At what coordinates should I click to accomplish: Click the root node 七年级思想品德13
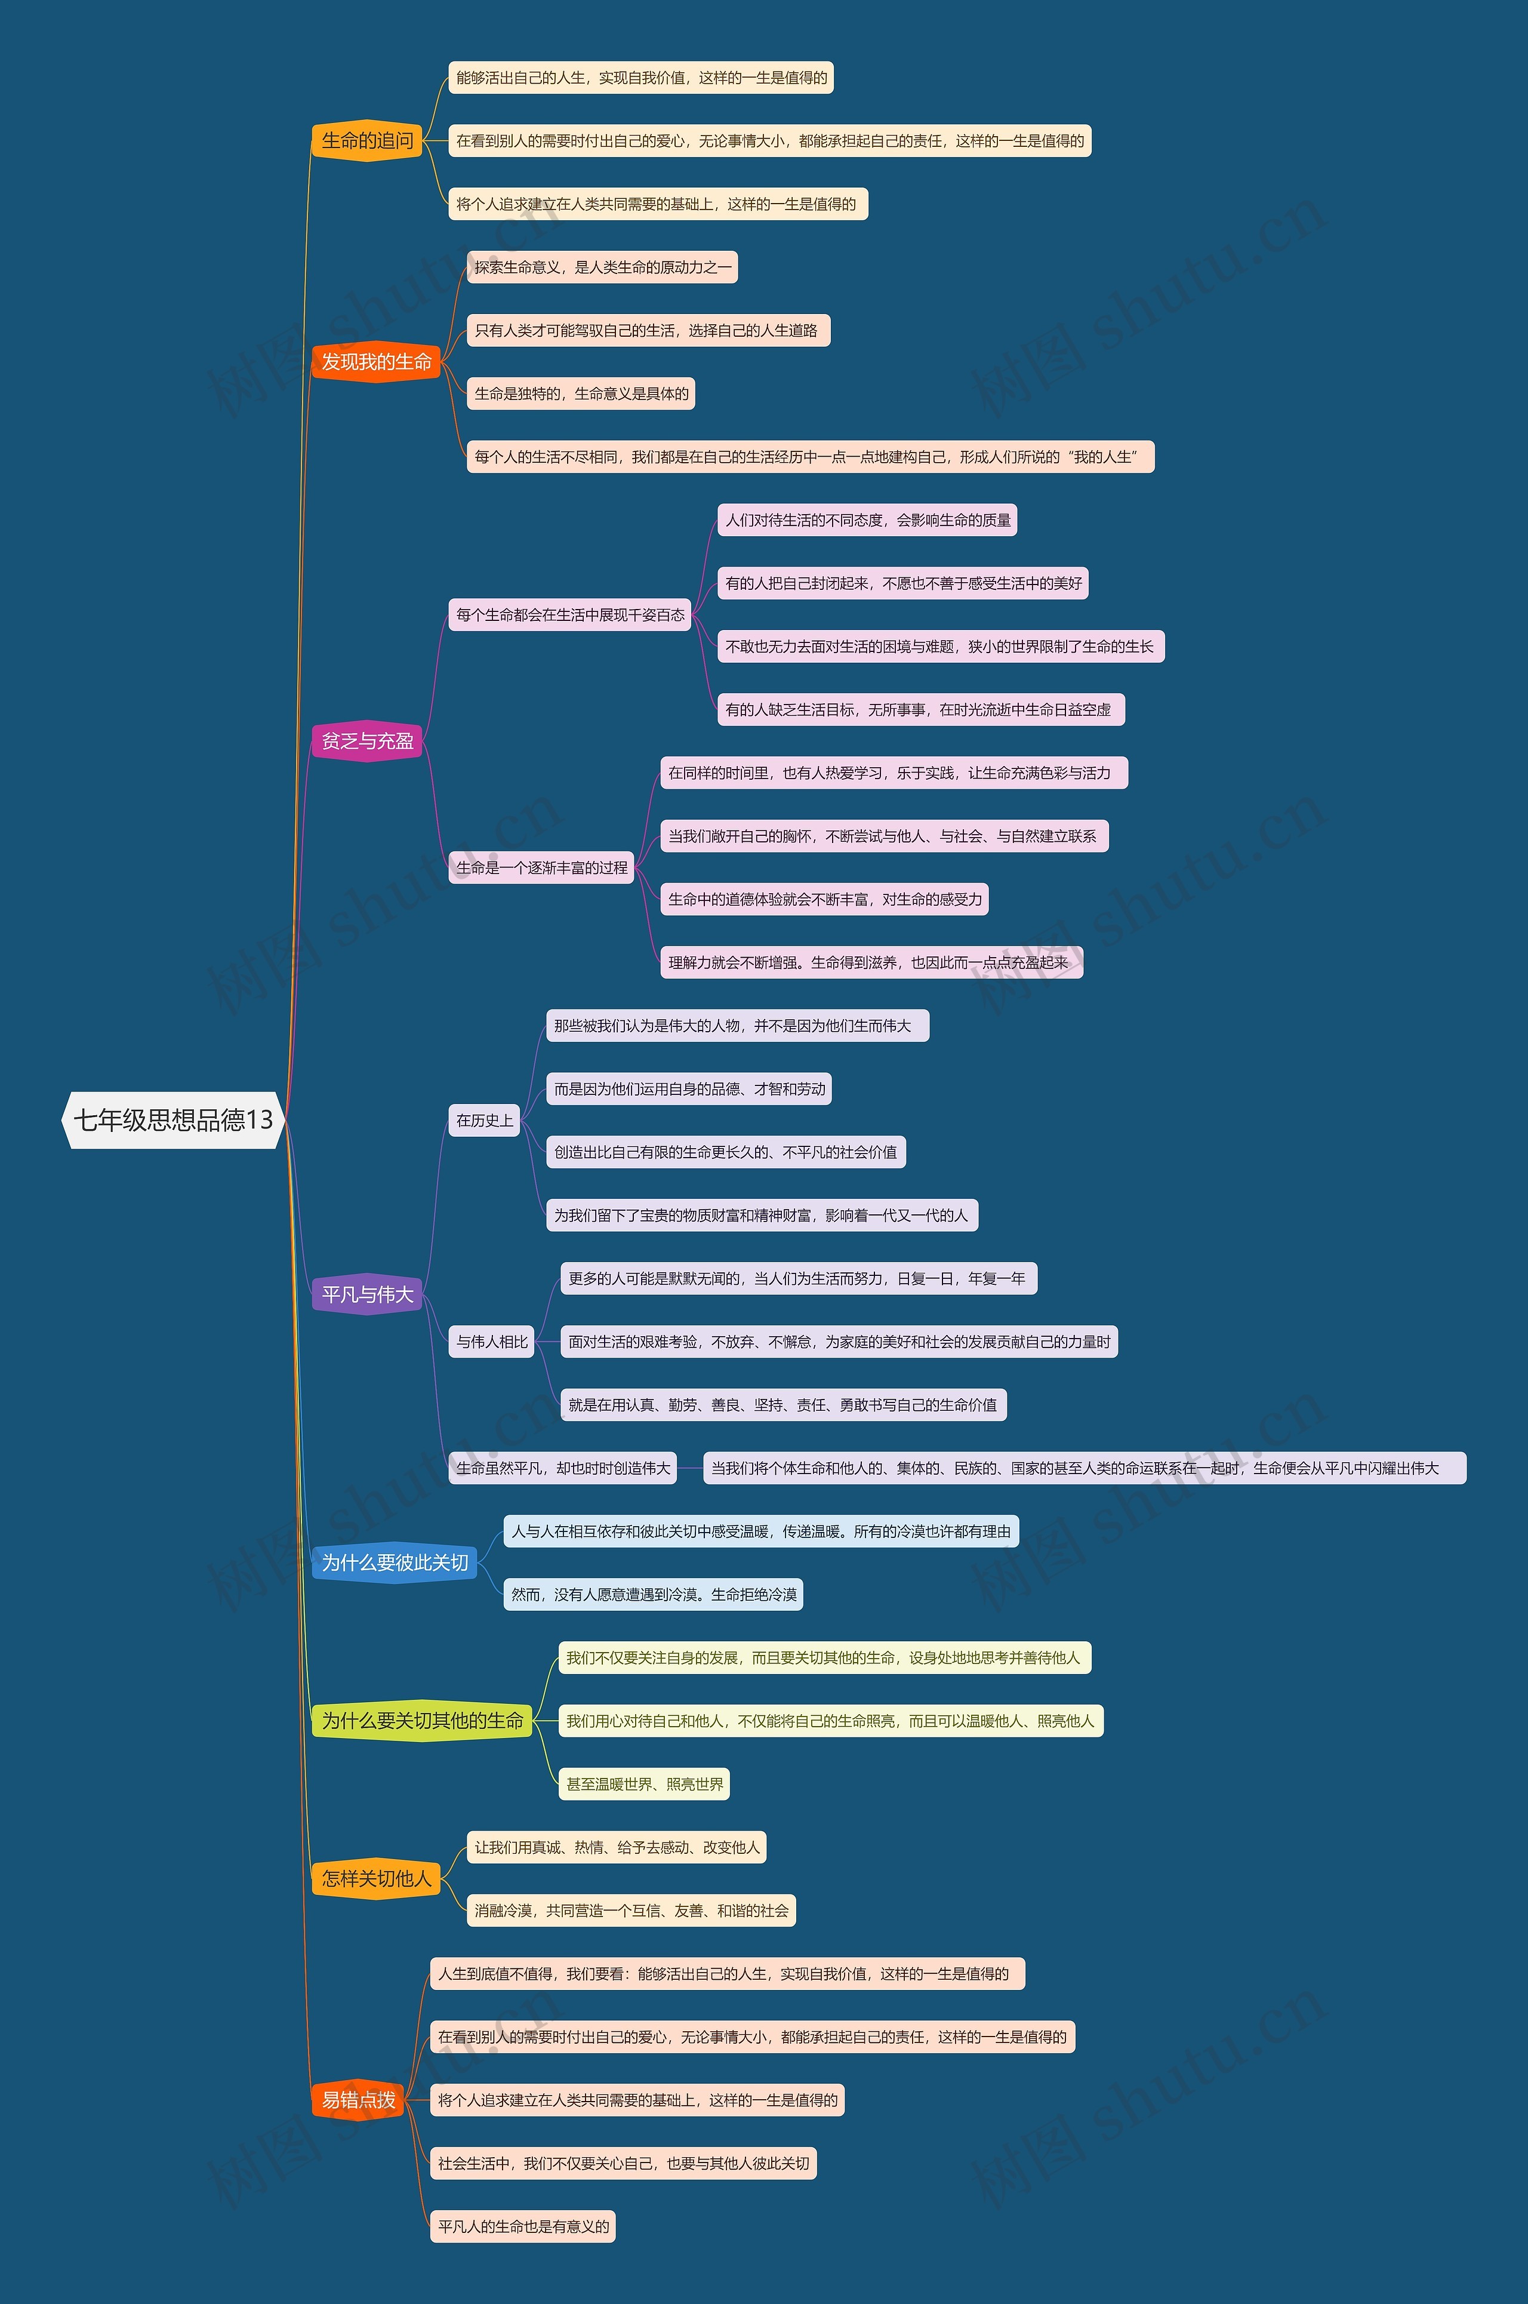pos(174,1120)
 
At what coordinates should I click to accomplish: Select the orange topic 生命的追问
pos(368,140)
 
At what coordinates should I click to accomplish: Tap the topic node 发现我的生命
pos(376,362)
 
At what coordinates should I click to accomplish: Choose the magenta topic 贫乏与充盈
pos(368,741)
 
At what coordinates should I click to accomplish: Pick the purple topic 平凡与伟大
pos(368,1294)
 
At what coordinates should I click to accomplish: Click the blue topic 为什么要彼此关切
pos(395,1562)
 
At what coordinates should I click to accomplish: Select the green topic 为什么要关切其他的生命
pos(422,1720)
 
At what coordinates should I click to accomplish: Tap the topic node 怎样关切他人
pos(376,1878)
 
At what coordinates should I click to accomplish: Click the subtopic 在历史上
pos(484,1121)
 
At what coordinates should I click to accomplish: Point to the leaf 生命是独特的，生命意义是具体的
pos(582,393)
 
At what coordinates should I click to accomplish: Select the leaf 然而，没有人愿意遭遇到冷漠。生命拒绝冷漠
pos(654,1595)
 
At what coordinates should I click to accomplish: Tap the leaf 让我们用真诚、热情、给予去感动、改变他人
pos(617,1847)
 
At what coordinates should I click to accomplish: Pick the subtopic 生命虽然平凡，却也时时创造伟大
pos(563,1468)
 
